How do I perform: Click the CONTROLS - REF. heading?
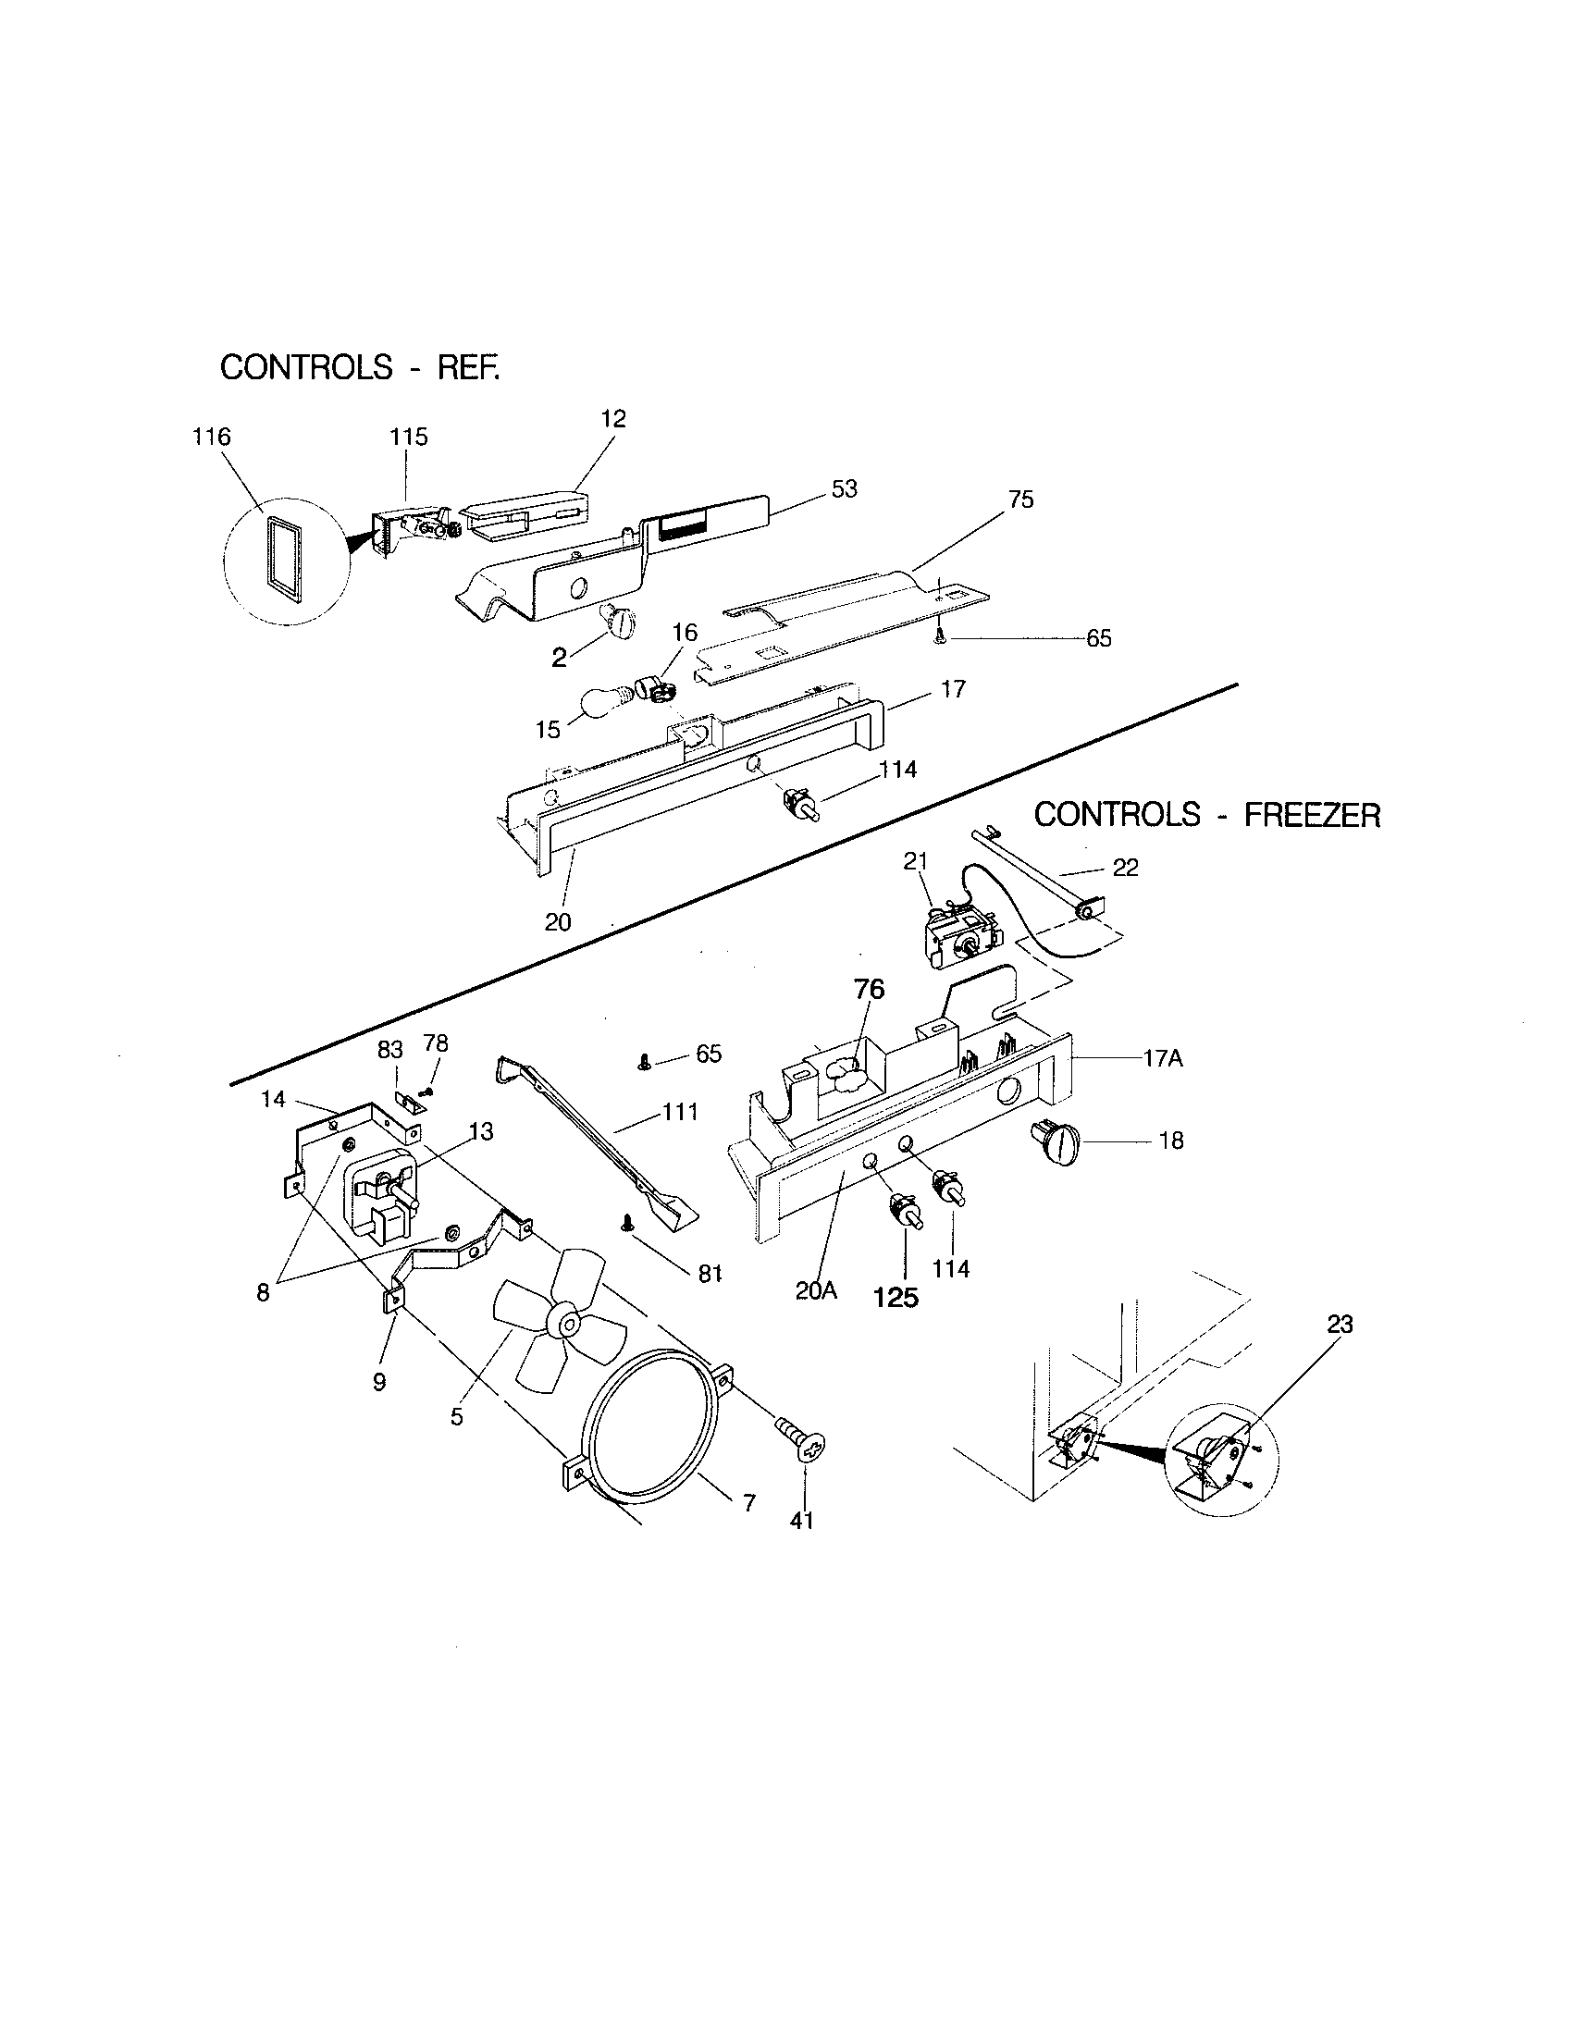coord(360,367)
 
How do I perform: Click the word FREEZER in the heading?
coord(1312,815)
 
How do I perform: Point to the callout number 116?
coord(212,437)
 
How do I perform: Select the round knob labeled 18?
coord(1055,1142)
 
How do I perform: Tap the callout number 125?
coord(896,1297)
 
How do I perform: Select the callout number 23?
coord(1339,1324)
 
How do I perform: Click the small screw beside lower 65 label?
coord(644,1063)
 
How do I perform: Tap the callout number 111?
coord(680,1112)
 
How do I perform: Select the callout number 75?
coord(1020,499)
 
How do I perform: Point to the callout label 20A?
coord(817,1291)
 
